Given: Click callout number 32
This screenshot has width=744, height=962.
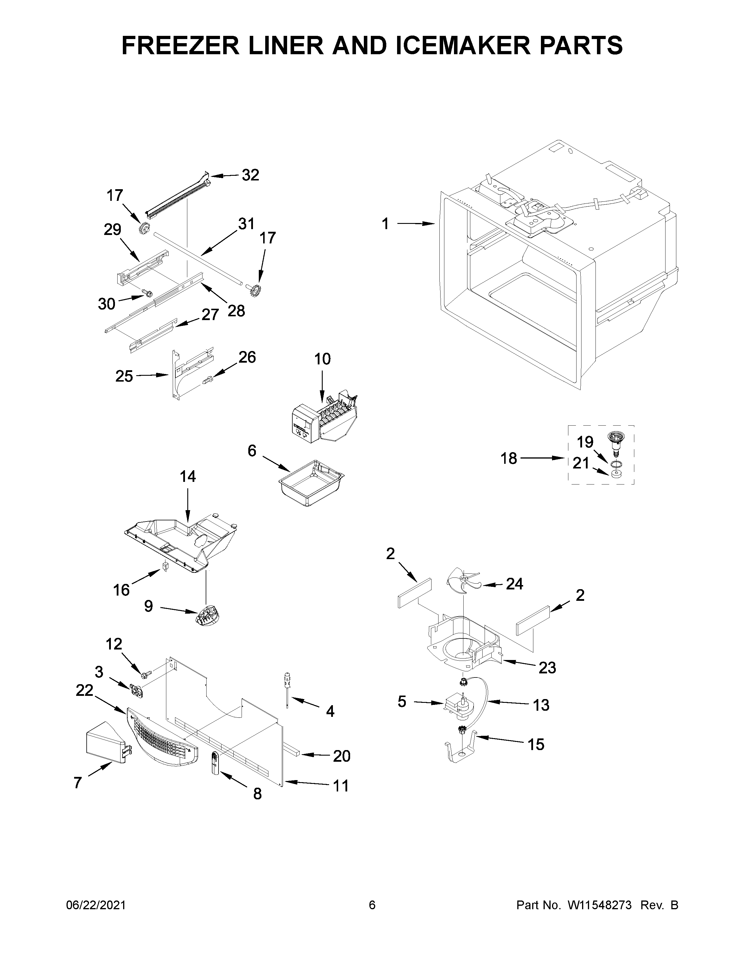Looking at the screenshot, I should pyautogui.click(x=250, y=175).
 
